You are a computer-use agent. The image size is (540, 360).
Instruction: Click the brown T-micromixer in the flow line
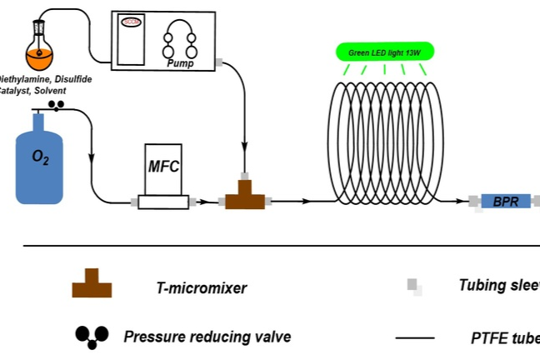pyautogui.click(x=245, y=196)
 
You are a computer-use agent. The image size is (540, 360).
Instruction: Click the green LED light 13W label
pyautogui.click(x=384, y=52)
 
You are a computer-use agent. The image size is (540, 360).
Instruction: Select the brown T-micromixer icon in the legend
pyautogui.click(x=92, y=284)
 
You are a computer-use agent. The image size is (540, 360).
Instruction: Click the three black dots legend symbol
pyautogui.click(x=92, y=335)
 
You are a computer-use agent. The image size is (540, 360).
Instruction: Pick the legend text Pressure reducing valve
pyautogui.click(x=207, y=337)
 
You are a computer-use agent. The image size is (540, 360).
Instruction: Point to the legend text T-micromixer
pyautogui.click(x=202, y=288)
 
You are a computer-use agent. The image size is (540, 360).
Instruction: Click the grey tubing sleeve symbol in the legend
pyautogui.click(x=414, y=287)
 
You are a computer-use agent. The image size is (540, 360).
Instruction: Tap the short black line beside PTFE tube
pyautogui.click(x=414, y=338)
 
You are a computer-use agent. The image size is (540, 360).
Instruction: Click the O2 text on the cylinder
pyautogui.click(x=40, y=157)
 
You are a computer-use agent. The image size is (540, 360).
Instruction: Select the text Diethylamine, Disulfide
pyautogui.click(x=45, y=78)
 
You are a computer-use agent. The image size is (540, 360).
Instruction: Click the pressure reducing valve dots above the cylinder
pyautogui.click(x=57, y=105)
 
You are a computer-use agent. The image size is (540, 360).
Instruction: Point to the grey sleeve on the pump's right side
pyautogui.click(x=219, y=62)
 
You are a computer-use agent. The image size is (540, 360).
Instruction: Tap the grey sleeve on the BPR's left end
pyautogui.click(x=473, y=202)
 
